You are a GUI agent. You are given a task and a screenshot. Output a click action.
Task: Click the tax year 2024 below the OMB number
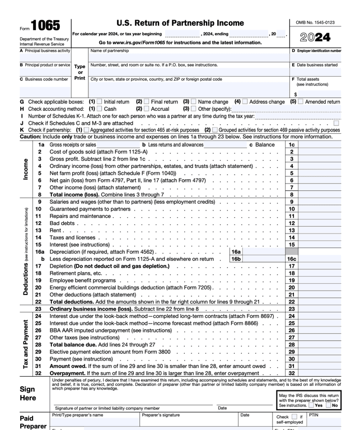click(x=315, y=38)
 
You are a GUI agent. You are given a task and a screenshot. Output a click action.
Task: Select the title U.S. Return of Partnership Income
click(x=180, y=23)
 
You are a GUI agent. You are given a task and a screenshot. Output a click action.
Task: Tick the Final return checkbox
click(x=147, y=102)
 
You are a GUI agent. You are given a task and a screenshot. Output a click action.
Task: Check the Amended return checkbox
click(x=301, y=102)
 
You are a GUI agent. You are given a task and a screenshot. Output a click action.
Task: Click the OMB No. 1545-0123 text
click(x=315, y=22)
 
